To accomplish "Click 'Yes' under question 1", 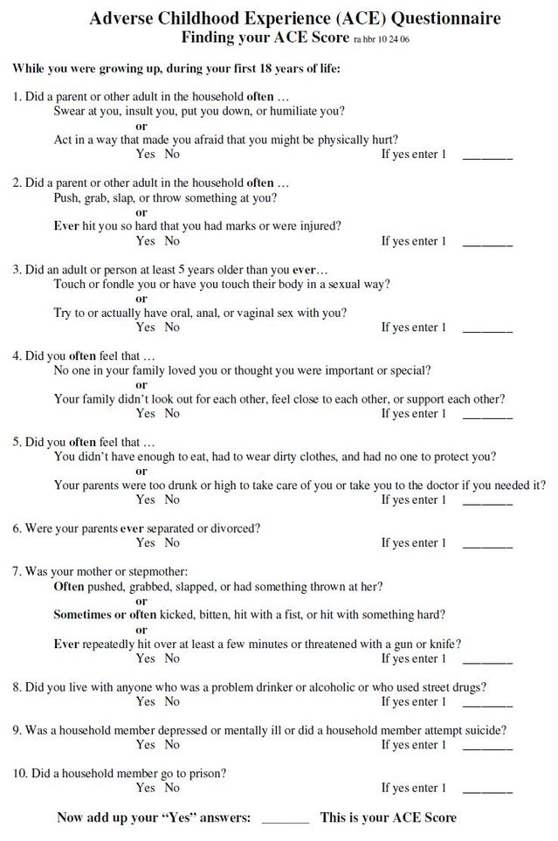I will tap(145, 155).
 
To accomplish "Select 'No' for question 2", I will tap(172, 240).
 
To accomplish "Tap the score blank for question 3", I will tap(486, 329).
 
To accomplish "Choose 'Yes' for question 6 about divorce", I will tap(145, 542).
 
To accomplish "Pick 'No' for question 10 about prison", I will tap(172, 788).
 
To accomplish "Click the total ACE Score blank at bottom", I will tap(285, 819).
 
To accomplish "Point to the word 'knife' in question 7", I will tap(444, 645).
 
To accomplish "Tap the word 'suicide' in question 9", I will tap(486, 730).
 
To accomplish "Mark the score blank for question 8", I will tap(486, 703).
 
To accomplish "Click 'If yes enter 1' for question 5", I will tap(413, 500).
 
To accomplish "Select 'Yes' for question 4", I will tap(145, 413).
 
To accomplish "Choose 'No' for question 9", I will tap(172, 745).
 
